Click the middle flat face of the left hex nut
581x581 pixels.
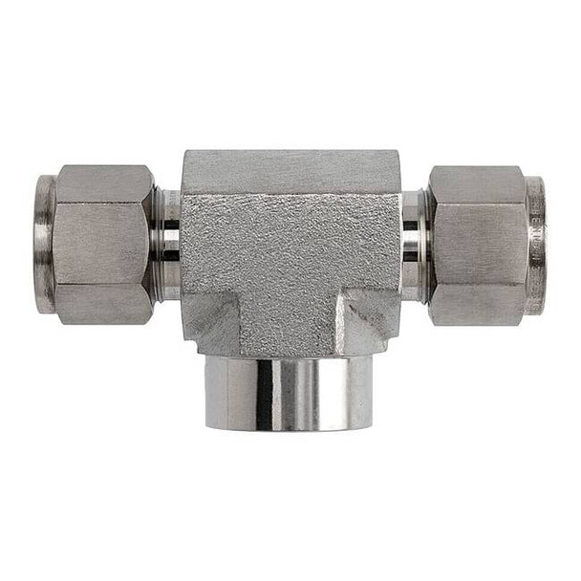tap(100, 244)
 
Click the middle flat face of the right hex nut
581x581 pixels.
tap(478, 244)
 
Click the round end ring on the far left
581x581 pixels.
tap(44, 244)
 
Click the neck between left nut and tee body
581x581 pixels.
tap(166, 244)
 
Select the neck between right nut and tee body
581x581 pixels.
tap(413, 244)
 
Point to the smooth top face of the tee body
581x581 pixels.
tap(290, 170)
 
